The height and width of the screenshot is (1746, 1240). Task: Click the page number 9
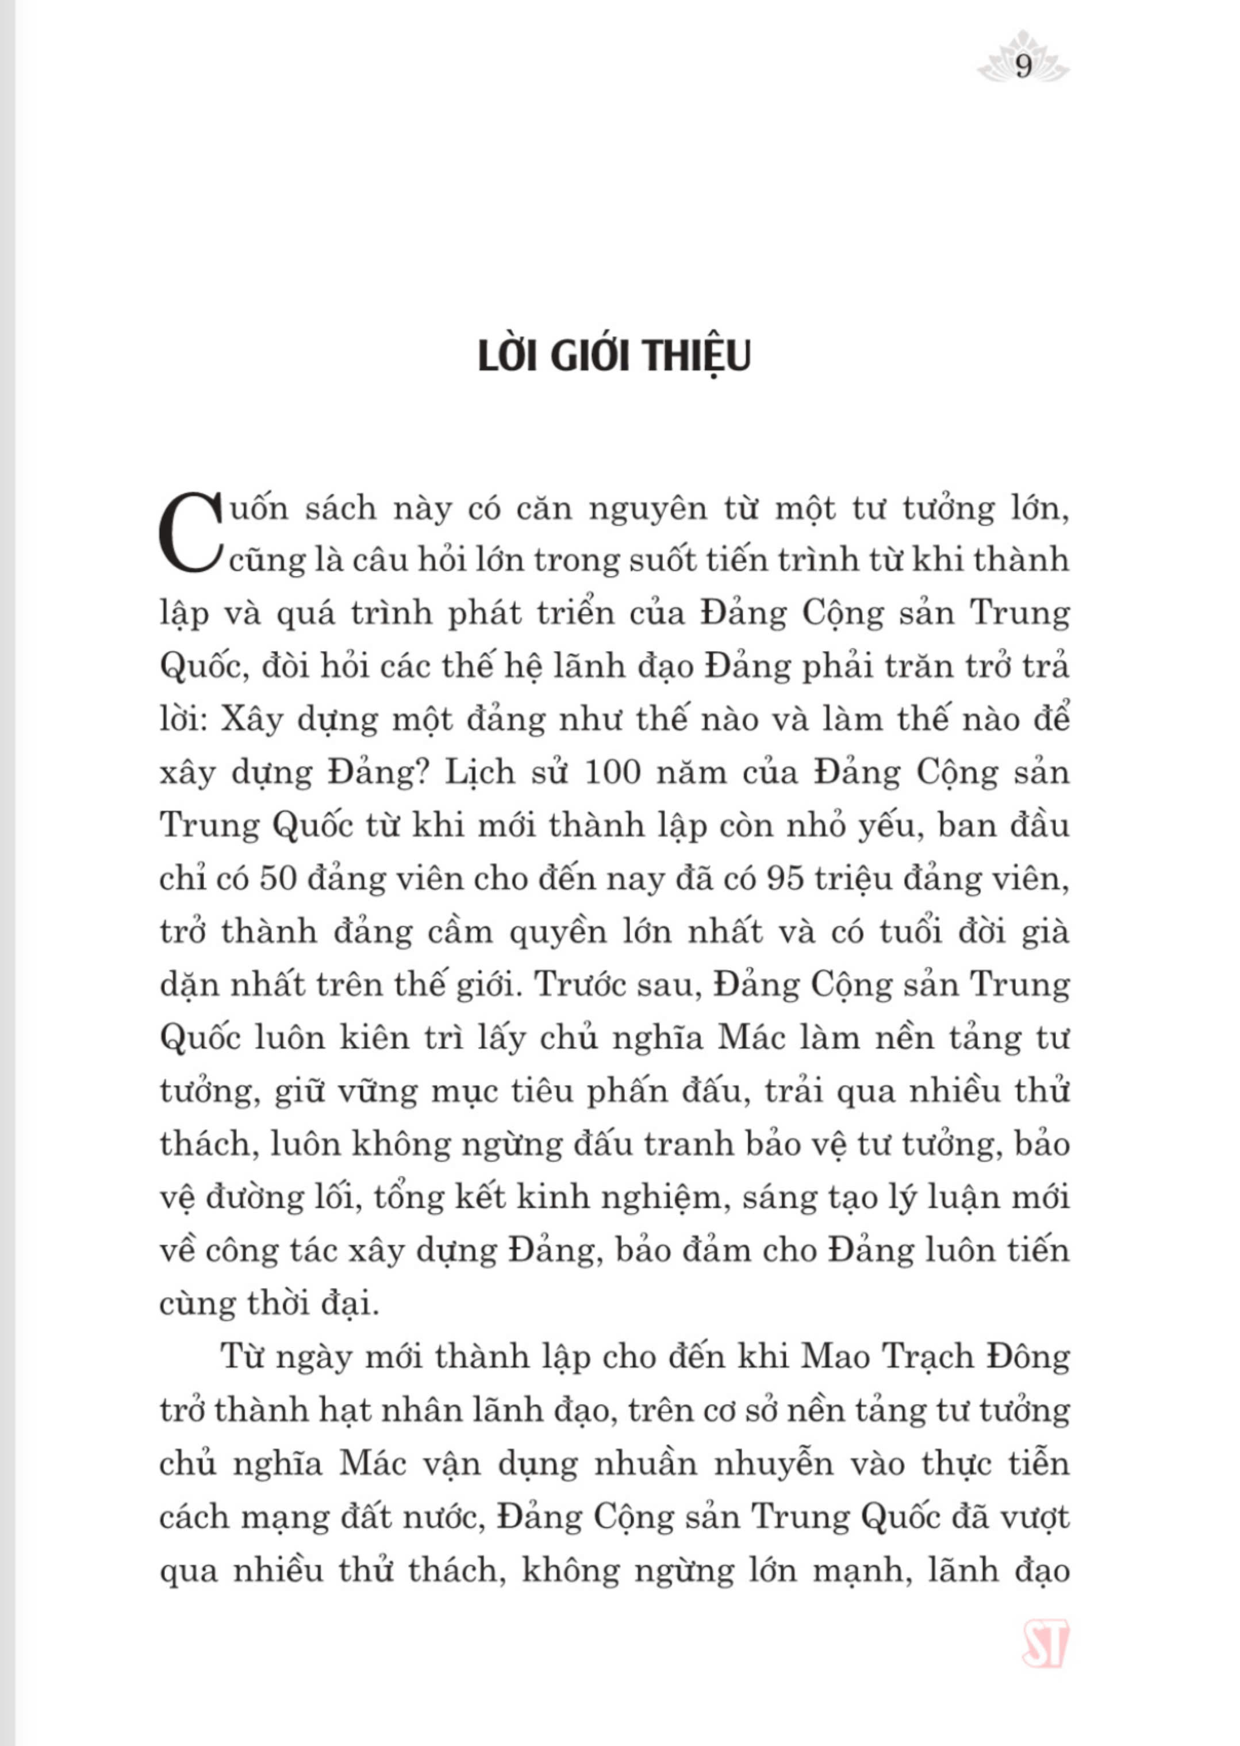(x=1023, y=68)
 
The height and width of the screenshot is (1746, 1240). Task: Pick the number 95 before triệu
(x=786, y=880)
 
